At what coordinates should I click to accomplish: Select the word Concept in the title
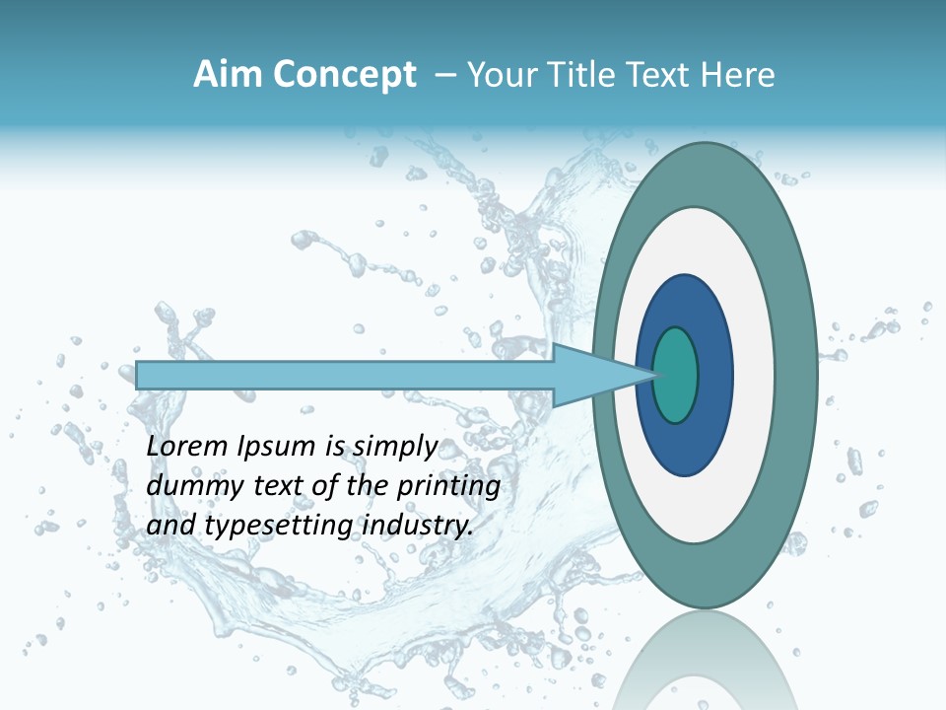345,76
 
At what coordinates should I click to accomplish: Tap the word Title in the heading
581,75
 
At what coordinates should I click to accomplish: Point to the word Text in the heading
660,75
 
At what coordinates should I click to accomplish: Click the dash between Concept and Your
444,76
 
